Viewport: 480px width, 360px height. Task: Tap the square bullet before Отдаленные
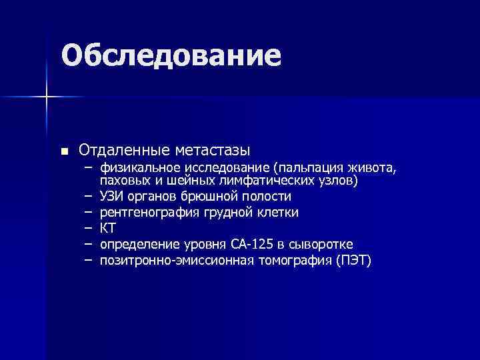pyautogui.click(x=64, y=151)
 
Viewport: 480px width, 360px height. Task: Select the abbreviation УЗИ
pyautogui.click(x=110, y=196)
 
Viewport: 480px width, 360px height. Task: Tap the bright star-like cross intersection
pyautogui.click(x=47, y=97)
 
